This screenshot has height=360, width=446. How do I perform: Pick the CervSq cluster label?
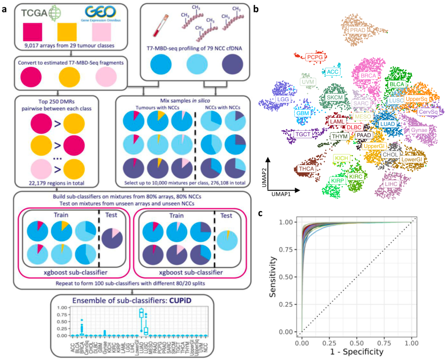[428, 112]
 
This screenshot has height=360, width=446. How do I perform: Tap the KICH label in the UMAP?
[342, 158]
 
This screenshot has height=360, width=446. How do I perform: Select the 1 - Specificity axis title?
[357, 352]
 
